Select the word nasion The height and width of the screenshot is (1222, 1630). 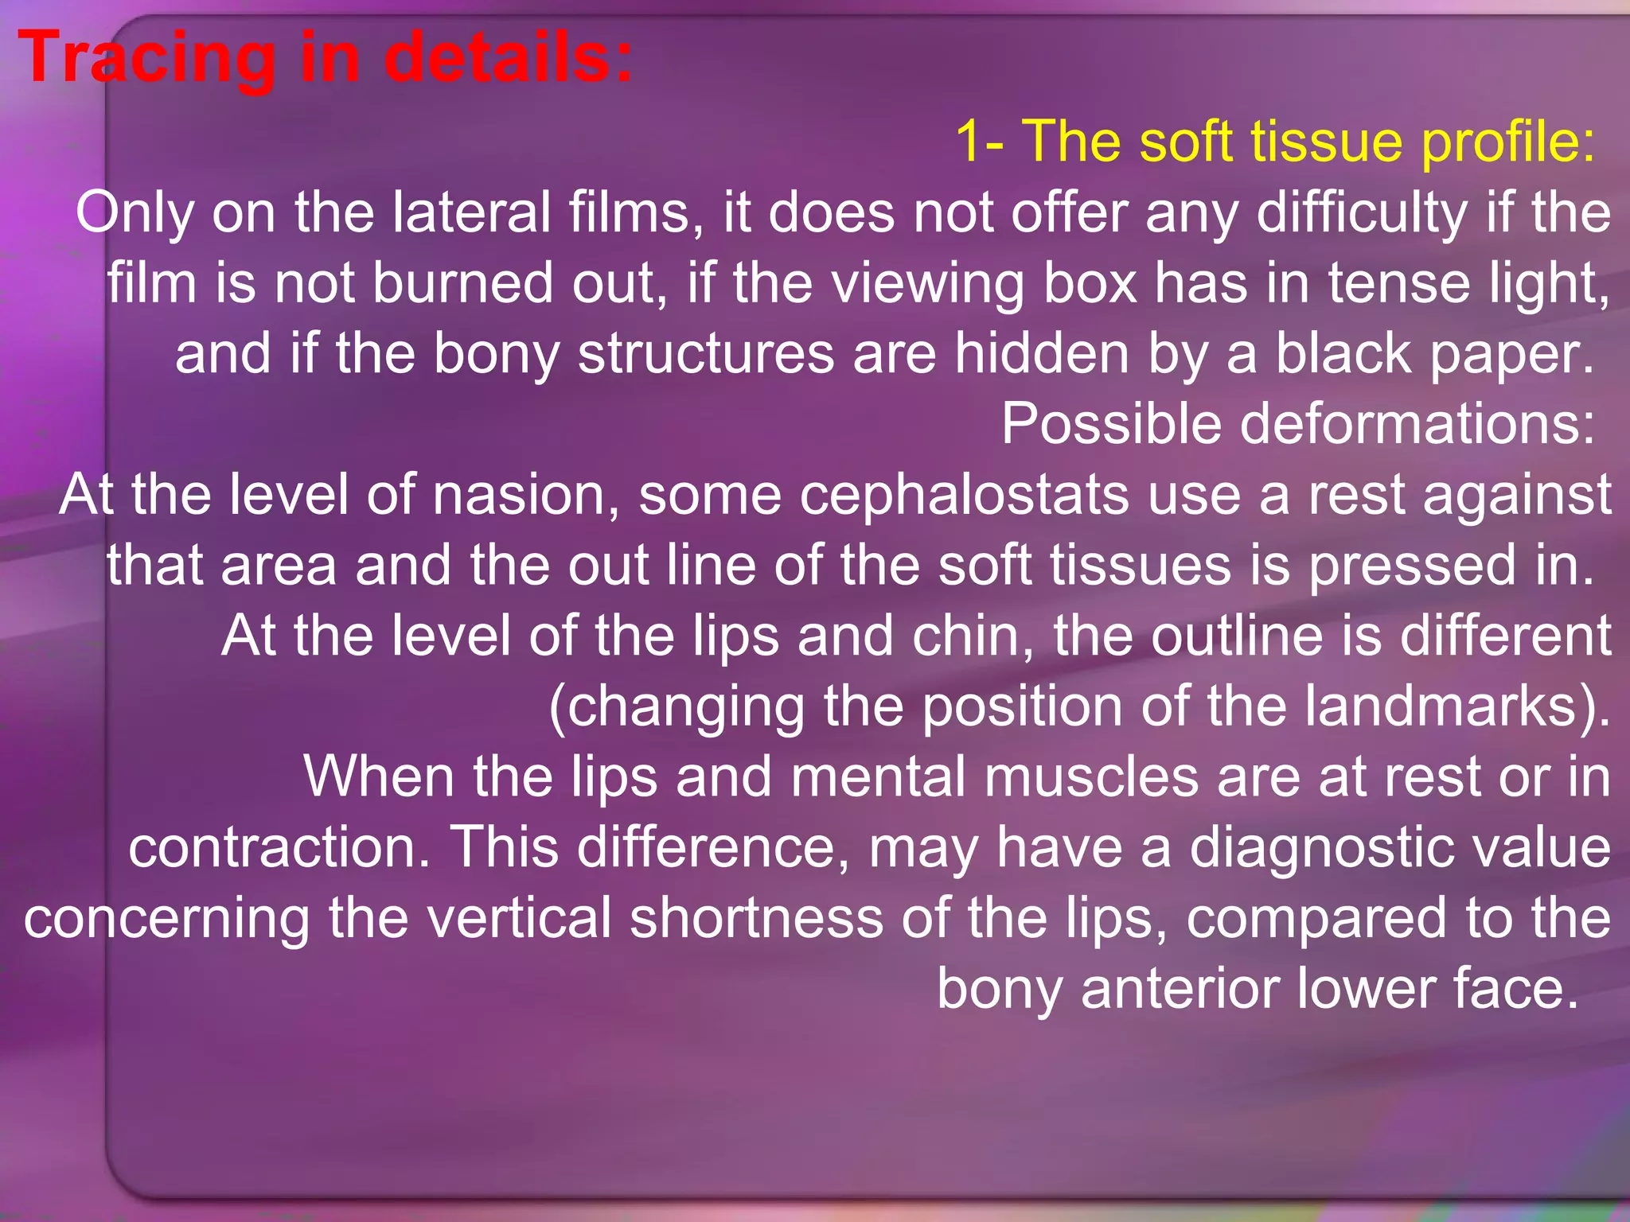[x=526, y=494]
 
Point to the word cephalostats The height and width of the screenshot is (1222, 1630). [x=964, y=496]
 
